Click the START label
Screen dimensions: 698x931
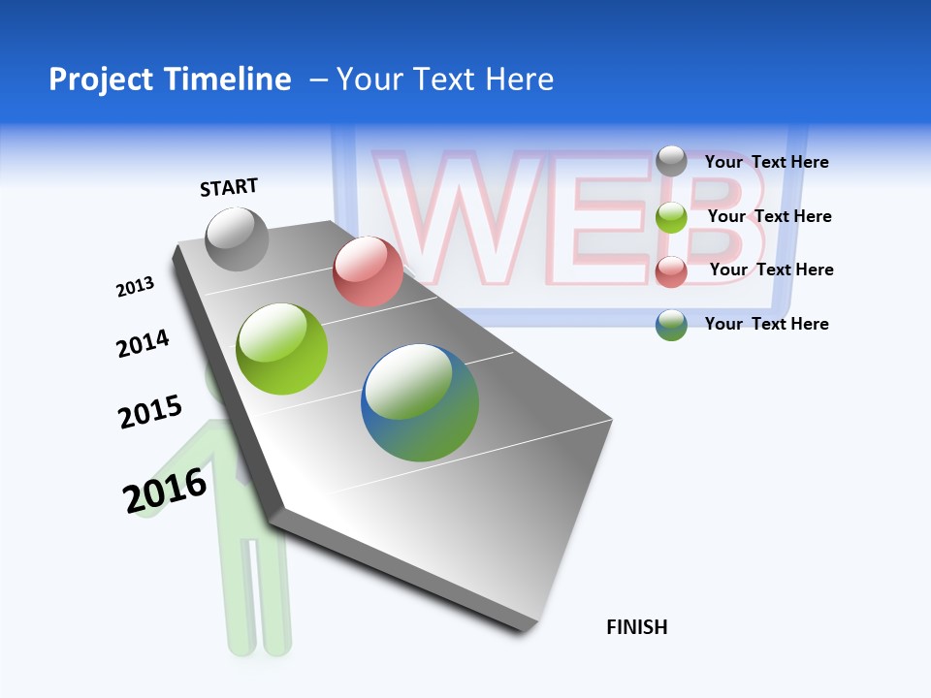[x=229, y=187]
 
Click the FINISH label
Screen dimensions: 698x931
[x=636, y=627]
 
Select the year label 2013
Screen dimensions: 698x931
[x=135, y=287]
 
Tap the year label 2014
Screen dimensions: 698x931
[x=143, y=343]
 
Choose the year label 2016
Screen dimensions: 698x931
[x=165, y=491]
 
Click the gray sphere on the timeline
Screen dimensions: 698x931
[x=237, y=238]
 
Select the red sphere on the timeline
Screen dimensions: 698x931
[x=368, y=271]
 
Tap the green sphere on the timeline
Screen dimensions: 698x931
[x=282, y=349]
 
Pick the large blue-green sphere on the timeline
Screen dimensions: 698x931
[x=420, y=402]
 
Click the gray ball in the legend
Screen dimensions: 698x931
[x=671, y=161]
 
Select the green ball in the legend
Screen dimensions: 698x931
[x=671, y=217]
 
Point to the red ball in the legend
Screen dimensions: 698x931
[x=671, y=271]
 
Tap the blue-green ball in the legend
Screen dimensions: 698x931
[x=671, y=325]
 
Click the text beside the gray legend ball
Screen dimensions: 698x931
[x=766, y=162]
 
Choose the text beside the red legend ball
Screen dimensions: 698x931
[x=771, y=270]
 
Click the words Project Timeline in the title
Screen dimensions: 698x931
[x=170, y=79]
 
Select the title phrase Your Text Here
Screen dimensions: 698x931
[x=445, y=79]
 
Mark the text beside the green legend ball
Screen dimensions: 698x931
[x=769, y=216]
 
